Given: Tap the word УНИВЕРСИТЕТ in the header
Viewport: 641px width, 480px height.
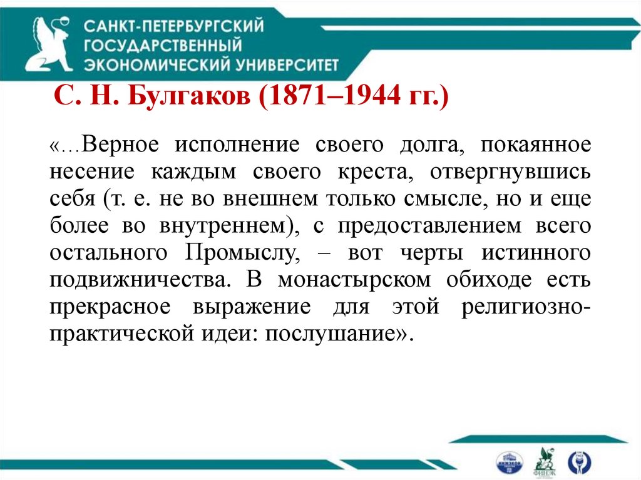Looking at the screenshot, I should pyautogui.click(x=290, y=64).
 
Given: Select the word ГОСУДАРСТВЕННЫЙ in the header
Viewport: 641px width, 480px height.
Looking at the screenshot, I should pyautogui.click(x=163, y=45).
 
